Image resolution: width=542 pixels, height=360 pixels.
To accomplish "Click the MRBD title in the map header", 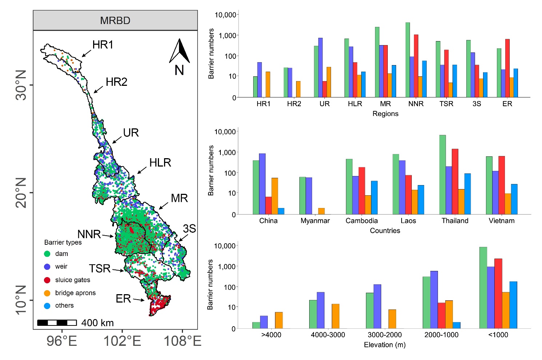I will click(115, 20).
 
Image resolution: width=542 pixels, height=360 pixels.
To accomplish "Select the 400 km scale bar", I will click(57, 323).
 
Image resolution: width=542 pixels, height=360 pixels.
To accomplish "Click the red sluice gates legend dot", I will click(47, 280).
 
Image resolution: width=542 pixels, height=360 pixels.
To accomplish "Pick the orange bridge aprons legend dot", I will click(47, 293).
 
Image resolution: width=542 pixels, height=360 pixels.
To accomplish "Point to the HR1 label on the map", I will click(103, 45).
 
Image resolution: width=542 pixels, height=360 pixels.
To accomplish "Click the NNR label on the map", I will click(89, 234).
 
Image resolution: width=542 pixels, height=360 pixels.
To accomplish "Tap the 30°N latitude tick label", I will click(21, 85).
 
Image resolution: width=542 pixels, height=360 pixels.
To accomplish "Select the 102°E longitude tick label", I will click(122, 341).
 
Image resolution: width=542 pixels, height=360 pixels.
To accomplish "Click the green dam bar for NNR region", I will click(408, 60).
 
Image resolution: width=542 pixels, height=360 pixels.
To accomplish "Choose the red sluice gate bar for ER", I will click(507, 68).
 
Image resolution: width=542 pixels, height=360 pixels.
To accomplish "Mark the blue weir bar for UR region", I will click(320, 67).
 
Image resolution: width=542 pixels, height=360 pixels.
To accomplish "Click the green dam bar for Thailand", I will click(442, 175).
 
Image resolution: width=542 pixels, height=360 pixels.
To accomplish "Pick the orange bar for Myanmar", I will click(321, 211).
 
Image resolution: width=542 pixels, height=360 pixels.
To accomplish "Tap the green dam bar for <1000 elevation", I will click(483, 288).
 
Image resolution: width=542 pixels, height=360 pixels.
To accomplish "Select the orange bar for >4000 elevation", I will click(279, 320).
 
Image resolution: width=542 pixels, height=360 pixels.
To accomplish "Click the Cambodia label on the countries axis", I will click(362, 221).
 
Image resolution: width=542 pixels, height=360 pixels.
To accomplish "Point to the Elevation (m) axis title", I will click(384, 345).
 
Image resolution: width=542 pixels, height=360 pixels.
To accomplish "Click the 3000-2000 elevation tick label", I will click(384, 335).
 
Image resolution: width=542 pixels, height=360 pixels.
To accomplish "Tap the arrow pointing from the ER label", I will click(138, 300).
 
